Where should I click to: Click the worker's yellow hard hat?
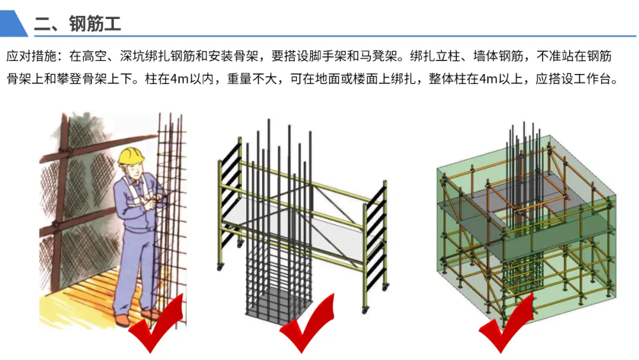tap(131, 155)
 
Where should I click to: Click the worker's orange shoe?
tap(122, 320)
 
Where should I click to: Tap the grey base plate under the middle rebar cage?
tap(278, 303)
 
